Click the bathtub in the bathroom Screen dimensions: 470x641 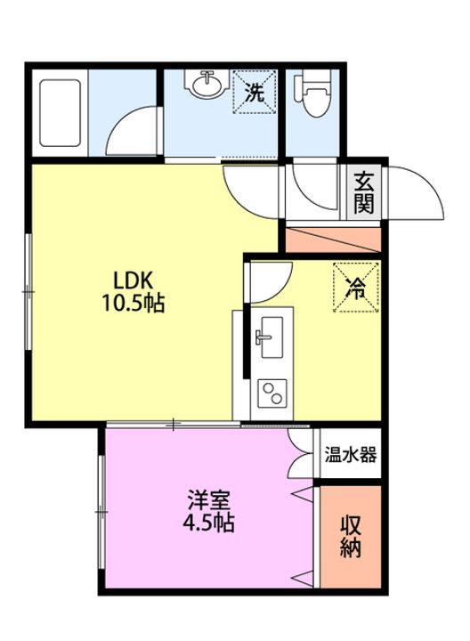click(x=60, y=112)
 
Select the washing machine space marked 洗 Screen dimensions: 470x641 click(x=254, y=92)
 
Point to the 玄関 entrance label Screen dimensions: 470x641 click(x=363, y=192)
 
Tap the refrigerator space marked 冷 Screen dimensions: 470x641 click(x=356, y=287)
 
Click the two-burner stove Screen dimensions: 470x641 click(x=271, y=394)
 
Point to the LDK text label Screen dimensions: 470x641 click(x=133, y=280)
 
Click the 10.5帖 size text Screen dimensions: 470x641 click(x=133, y=304)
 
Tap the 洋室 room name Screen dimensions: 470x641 click(x=209, y=499)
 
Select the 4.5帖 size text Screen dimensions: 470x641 click(x=208, y=522)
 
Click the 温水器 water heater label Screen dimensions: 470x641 click(x=351, y=454)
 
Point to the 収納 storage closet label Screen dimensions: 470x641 click(x=351, y=537)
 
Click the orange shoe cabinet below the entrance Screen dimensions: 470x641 click(x=333, y=240)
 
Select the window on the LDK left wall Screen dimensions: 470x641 click(x=28, y=291)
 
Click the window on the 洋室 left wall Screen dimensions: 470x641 click(x=101, y=512)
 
